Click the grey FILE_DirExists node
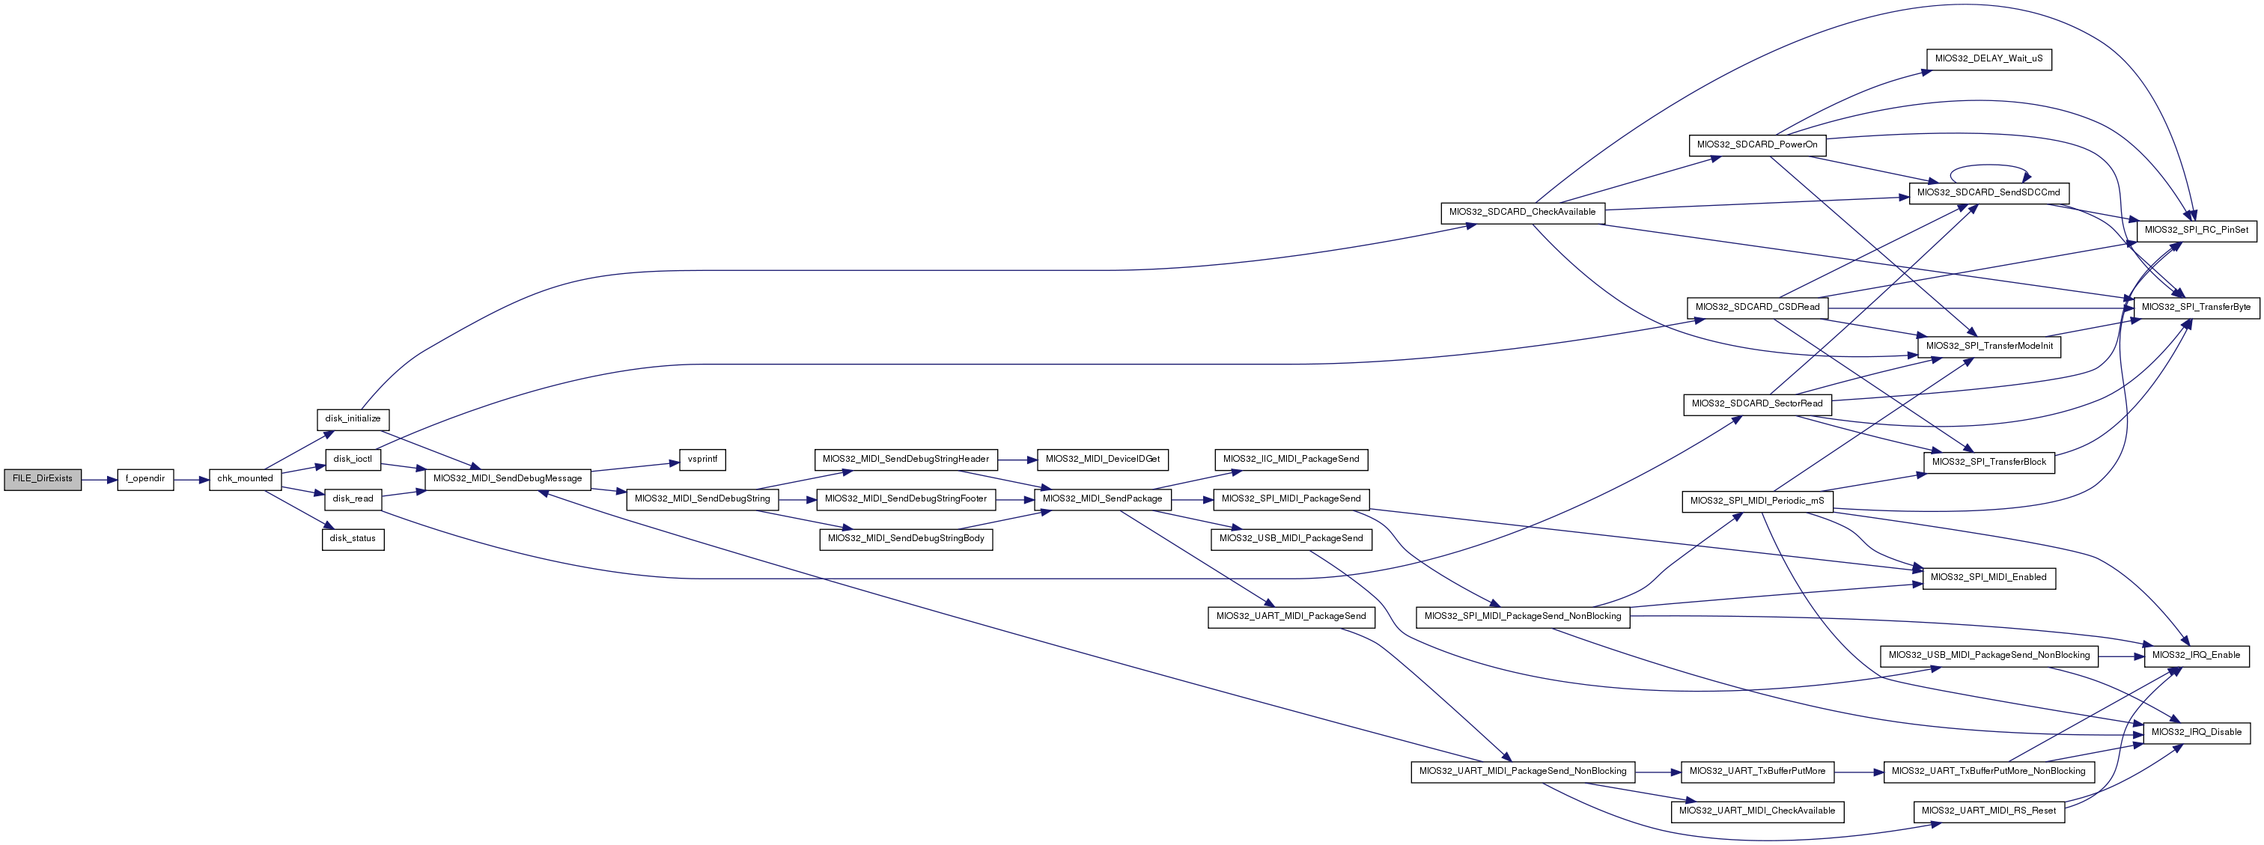click(x=42, y=479)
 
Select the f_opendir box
click(x=145, y=479)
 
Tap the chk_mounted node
click(x=246, y=479)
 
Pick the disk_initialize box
click(x=353, y=419)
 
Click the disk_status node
click(x=353, y=538)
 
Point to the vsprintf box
click(x=702, y=460)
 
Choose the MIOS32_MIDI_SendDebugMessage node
click(x=508, y=479)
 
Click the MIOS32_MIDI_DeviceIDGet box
click(x=1102, y=460)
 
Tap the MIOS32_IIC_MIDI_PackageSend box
click(x=1290, y=460)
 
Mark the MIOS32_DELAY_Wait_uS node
click(x=1989, y=60)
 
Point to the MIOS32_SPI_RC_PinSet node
click(x=2195, y=230)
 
